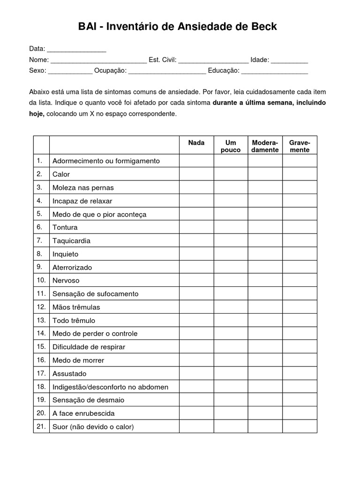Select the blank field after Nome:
98,60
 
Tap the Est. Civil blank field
213,60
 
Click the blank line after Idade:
289,60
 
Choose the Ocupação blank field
167,71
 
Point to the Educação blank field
275,71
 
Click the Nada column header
196,142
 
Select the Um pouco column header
231,146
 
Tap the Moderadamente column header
265,146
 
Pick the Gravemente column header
300,146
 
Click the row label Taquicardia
72,241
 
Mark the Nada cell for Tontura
196,227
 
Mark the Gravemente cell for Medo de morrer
300,360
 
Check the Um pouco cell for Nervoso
231,280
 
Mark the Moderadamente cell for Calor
265,174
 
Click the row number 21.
41,427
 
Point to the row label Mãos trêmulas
76,307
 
